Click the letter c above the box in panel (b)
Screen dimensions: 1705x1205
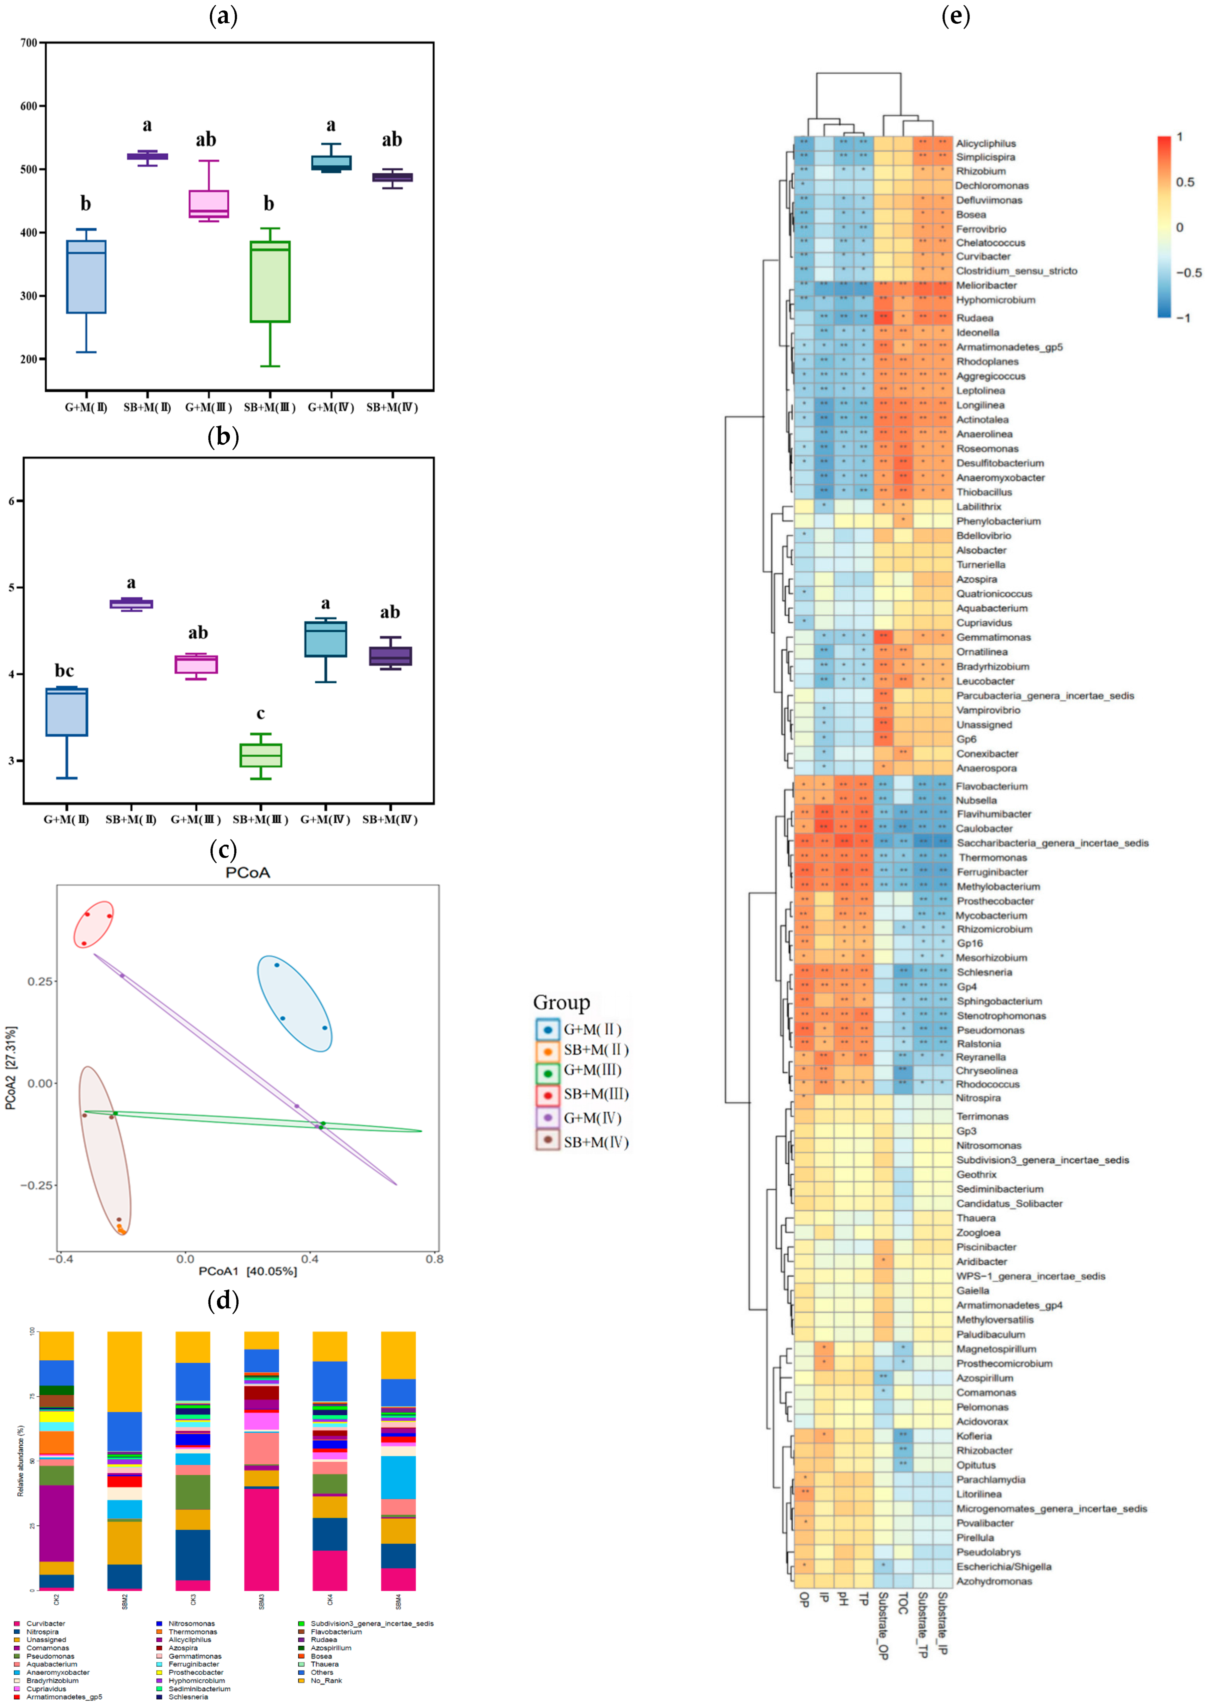coord(260,714)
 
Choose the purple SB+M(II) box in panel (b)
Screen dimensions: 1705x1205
coord(131,604)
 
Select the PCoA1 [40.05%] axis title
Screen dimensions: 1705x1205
coord(247,1271)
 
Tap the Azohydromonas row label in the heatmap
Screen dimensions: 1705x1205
coord(994,1581)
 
